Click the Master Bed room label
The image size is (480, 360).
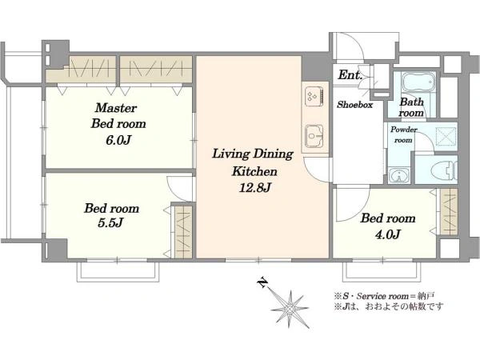point(118,116)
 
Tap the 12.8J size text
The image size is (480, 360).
point(254,188)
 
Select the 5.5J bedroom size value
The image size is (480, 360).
point(110,223)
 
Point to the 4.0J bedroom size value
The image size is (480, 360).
point(387,234)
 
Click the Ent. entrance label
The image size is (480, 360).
point(350,75)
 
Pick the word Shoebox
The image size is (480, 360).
point(354,105)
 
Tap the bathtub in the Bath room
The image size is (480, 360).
point(418,82)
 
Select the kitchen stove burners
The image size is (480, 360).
point(314,94)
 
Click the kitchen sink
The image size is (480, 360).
point(314,136)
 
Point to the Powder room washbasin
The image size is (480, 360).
point(399,176)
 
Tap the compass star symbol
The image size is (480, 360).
point(290,309)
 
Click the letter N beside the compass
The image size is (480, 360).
point(262,283)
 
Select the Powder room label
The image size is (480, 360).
point(403,134)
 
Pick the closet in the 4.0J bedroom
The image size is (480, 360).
point(449,212)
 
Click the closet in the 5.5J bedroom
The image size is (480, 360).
point(182,233)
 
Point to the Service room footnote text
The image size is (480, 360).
point(384,296)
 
